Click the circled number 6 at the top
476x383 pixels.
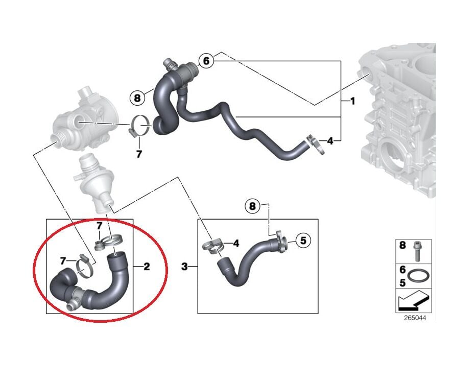point(206,61)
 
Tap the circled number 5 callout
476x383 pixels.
point(303,241)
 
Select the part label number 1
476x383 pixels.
point(352,101)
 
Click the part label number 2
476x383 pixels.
point(147,267)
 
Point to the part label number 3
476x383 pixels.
point(184,267)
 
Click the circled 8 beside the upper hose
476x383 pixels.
point(137,98)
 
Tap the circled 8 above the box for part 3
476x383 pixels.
point(253,207)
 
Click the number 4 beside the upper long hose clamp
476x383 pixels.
point(330,141)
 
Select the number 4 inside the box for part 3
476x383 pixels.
point(236,243)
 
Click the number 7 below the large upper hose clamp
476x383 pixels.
point(139,154)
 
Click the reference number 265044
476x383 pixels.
point(415,318)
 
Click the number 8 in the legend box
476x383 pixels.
point(402,245)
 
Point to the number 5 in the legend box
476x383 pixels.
point(402,283)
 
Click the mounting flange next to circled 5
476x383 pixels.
point(281,241)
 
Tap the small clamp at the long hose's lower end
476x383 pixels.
point(316,145)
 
